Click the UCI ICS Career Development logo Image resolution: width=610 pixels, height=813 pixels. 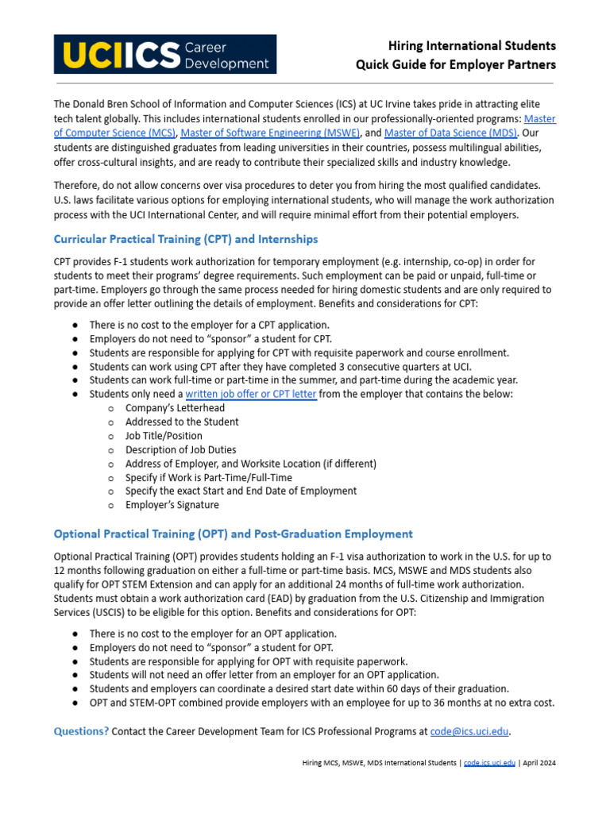[x=164, y=54]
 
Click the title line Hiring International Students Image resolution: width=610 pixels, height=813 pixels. [x=471, y=45]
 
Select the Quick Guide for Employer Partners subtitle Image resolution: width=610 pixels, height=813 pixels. [x=455, y=64]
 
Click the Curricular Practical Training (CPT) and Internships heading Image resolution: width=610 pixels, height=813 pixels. [x=185, y=239]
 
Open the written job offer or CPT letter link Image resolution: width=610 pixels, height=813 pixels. [x=251, y=394]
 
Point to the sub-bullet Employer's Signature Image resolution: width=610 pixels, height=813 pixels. [x=172, y=504]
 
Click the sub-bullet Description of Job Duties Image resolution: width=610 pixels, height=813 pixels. [x=180, y=449]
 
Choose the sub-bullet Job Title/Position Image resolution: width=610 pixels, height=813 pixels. [x=164, y=436]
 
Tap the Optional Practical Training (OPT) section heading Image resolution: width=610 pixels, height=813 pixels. [x=233, y=534]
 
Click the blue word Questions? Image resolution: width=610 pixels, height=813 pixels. [x=80, y=731]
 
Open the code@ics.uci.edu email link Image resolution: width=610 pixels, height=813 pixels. [x=469, y=731]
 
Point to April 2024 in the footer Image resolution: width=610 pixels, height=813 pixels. [x=540, y=763]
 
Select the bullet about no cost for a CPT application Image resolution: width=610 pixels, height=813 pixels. [x=209, y=325]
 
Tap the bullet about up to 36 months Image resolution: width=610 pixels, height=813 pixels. [x=322, y=703]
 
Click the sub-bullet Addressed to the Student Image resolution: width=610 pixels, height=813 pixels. [x=182, y=422]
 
